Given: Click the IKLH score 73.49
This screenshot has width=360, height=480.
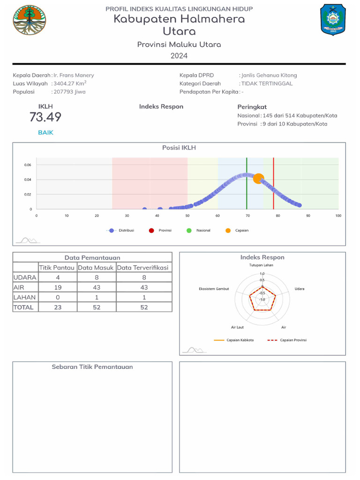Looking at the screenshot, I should (x=45, y=117).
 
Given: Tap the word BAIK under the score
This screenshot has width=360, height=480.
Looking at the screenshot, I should (x=45, y=133).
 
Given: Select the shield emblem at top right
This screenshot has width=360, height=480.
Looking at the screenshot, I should (x=333, y=20).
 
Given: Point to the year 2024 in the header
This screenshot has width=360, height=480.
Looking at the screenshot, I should (x=179, y=56).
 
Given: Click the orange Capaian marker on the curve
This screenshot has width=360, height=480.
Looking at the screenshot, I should (x=258, y=179).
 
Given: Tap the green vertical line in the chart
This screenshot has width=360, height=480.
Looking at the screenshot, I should (x=247, y=187).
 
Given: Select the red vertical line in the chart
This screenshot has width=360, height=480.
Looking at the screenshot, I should (x=273, y=187).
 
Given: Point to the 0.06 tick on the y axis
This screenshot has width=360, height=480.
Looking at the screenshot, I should (x=28, y=165).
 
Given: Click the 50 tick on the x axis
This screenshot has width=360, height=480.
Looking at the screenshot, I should (x=187, y=216).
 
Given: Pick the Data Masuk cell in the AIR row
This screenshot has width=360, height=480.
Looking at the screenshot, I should (x=97, y=287).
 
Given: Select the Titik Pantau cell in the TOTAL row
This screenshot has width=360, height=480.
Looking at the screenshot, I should (x=58, y=307).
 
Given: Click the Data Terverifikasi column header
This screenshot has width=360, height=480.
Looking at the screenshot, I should (x=144, y=268).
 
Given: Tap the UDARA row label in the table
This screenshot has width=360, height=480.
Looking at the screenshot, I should (x=25, y=277).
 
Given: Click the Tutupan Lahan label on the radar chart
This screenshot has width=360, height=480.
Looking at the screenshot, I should (x=261, y=265).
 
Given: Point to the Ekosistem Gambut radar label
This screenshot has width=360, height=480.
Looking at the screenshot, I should (x=214, y=289).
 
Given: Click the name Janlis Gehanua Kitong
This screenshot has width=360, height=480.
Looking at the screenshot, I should (x=269, y=75).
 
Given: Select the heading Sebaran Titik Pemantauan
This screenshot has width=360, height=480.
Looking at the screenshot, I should (x=92, y=367).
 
